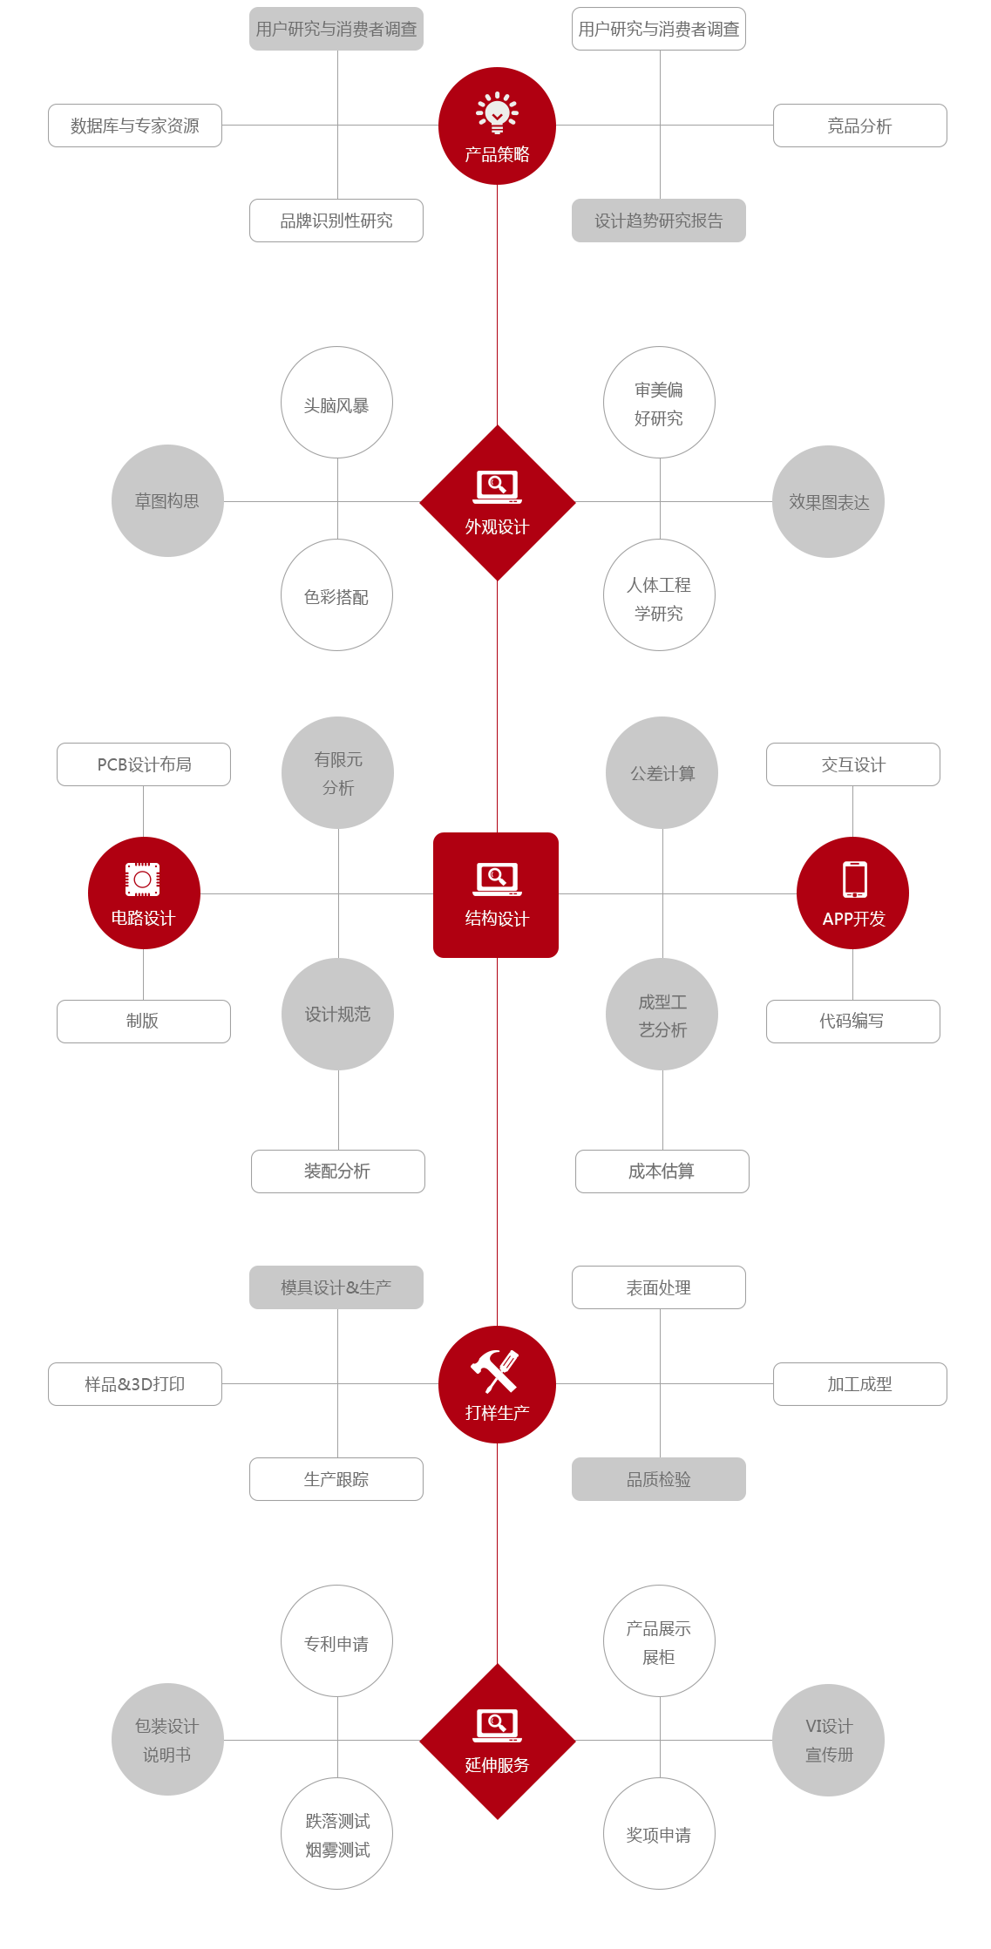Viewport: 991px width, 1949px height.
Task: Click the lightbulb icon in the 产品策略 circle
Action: [497, 112]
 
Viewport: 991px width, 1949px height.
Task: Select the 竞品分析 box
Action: [859, 126]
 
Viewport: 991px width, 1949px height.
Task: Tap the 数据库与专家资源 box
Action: [135, 126]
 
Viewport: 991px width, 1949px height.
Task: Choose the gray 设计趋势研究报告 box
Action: [659, 221]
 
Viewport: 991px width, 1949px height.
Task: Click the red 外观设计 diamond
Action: [498, 503]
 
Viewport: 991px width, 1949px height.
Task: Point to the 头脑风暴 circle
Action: [336, 403]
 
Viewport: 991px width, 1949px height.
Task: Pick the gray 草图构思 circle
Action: [167, 501]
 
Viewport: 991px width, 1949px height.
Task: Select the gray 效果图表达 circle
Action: [828, 502]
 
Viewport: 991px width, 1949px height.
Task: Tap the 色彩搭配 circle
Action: [336, 595]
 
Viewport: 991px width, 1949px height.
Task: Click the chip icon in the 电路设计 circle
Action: [143, 879]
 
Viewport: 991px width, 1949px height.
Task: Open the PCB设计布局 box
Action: [144, 764]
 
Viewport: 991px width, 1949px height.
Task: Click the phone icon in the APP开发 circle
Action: [855, 879]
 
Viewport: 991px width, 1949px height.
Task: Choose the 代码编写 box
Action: [853, 1022]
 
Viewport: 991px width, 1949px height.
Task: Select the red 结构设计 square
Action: [496, 895]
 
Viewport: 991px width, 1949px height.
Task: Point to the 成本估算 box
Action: [662, 1171]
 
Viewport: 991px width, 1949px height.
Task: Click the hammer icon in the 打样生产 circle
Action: [495, 1371]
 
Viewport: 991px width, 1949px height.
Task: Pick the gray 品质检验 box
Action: [659, 1479]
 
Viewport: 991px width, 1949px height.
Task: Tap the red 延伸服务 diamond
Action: [498, 1742]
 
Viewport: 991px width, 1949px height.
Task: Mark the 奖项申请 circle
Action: [659, 1834]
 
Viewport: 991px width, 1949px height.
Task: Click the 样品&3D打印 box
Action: [135, 1384]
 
